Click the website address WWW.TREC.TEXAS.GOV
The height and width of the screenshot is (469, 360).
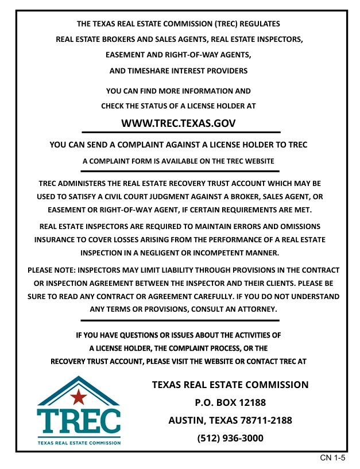click(179, 123)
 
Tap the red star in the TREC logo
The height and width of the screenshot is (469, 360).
click(79, 396)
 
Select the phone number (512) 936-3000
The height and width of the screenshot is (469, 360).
click(230, 438)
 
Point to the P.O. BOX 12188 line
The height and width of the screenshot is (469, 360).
click(230, 402)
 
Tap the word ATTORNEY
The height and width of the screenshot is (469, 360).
click(256, 309)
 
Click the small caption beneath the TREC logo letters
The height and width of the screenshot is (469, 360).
click(79, 443)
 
